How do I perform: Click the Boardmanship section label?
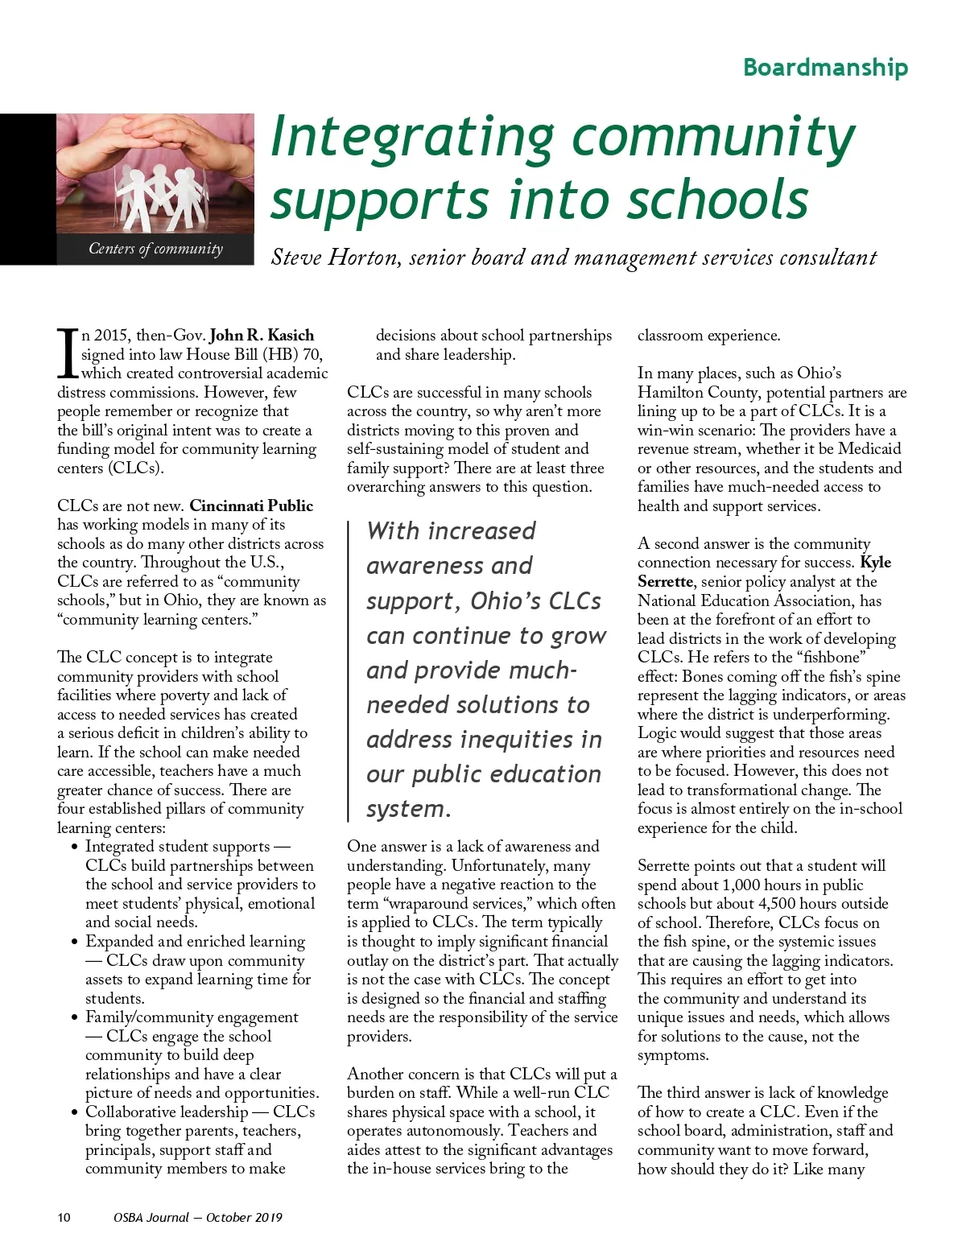pyautogui.click(x=825, y=67)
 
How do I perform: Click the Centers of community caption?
pyautogui.click(x=155, y=249)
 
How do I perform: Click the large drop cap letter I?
pyautogui.click(x=68, y=353)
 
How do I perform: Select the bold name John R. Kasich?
pyautogui.click(x=262, y=336)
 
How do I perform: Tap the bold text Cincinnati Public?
pyautogui.click(x=251, y=506)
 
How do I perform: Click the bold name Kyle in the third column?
pyautogui.click(x=875, y=563)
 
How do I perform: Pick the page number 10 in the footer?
pyautogui.click(x=64, y=1217)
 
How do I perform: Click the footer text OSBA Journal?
pyautogui.click(x=151, y=1217)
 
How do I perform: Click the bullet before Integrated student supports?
pyautogui.click(x=75, y=847)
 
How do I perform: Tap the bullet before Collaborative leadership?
pyautogui.click(x=75, y=1112)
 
